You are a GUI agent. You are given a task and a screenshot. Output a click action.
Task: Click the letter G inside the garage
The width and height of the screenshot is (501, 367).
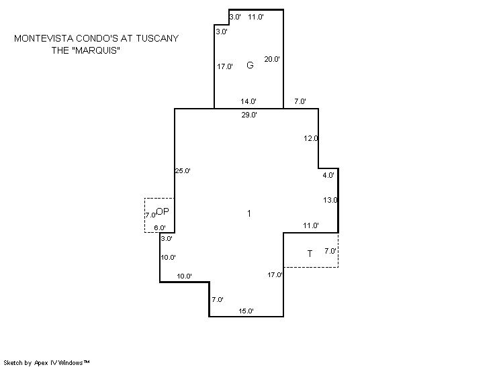click(250, 65)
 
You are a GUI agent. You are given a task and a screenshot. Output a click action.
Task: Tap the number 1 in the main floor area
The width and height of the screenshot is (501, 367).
click(249, 213)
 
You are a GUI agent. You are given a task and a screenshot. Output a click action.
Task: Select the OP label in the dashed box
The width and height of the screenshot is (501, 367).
click(163, 211)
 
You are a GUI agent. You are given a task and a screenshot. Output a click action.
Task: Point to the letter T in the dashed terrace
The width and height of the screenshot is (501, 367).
click(310, 254)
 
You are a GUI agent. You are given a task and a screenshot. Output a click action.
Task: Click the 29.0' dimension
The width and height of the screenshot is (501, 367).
click(249, 115)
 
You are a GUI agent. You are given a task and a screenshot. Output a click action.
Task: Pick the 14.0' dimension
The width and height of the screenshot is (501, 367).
click(248, 101)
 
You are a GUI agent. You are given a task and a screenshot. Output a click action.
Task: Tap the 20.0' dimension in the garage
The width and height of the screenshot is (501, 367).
click(272, 59)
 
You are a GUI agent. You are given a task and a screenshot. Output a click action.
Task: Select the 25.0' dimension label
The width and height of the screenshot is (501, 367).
click(183, 170)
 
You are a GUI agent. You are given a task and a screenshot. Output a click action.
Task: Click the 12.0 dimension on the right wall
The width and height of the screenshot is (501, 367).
click(311, 138)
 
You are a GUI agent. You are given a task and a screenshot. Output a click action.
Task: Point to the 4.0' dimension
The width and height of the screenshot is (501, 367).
click(328, 175)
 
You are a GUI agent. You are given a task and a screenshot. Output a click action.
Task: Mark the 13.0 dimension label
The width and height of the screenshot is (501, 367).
click(330, 200)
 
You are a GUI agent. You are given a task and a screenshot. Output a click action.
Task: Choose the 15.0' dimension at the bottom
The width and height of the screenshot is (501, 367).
click(246, 311)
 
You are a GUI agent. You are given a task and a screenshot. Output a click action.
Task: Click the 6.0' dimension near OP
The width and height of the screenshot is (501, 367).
click(160, 228)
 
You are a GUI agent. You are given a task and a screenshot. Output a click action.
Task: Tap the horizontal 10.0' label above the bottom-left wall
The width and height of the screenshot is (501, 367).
click(185, 276)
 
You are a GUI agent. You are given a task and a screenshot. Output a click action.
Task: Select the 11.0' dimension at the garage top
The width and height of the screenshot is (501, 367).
click(256, 17)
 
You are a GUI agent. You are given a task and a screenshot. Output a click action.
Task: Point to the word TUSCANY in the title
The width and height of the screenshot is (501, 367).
click(157, 38)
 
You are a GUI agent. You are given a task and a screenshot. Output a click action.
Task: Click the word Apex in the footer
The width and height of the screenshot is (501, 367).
click(41, 363)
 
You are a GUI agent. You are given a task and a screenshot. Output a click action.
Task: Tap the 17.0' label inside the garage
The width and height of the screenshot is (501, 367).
click(225, 66)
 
